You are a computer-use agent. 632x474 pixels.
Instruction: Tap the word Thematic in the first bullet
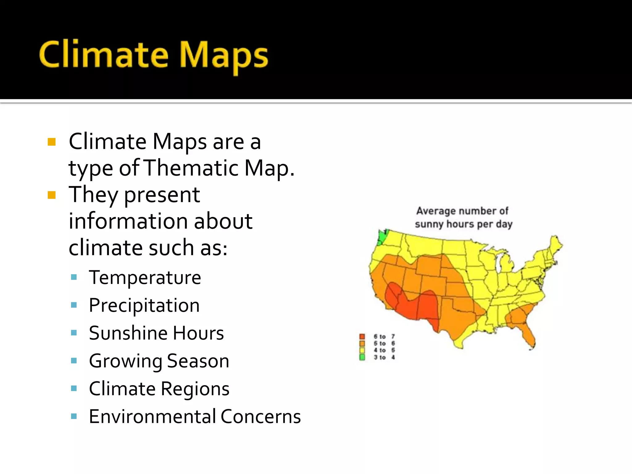tap(191, 168)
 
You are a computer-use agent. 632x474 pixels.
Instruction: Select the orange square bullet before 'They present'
tap(52, 195)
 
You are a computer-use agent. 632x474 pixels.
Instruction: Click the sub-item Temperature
tap(145, 277)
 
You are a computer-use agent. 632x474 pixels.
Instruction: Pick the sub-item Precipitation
tap(144, 305)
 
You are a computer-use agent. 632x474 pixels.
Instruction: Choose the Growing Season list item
tap(159, 361)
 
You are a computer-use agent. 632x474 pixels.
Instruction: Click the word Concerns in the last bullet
tap(260, 416)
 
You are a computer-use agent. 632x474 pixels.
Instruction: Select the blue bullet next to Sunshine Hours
tap(74, 333)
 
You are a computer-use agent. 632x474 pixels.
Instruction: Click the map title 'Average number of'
tap(462, 211)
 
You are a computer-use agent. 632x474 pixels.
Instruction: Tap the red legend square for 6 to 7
tap(362, 336)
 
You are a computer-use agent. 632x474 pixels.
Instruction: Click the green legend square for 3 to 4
tap(362, 357)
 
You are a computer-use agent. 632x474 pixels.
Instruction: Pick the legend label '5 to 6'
tap(384, 343)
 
